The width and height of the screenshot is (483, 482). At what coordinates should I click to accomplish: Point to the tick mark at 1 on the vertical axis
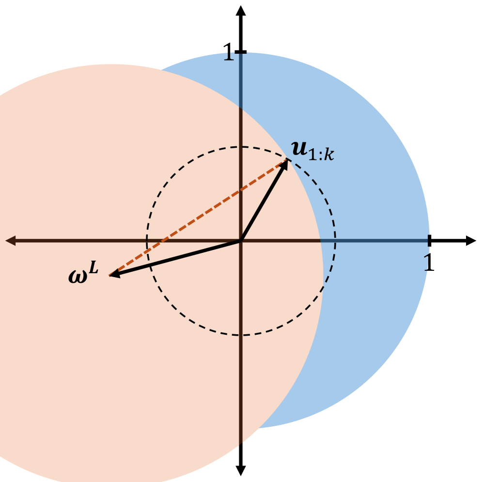point(241,52)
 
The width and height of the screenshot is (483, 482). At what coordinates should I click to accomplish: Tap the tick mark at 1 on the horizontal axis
point(429,240)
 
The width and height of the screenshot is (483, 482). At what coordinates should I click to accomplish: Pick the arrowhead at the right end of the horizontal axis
point(470,240)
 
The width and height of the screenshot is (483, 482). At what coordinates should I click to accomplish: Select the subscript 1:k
point(323,155)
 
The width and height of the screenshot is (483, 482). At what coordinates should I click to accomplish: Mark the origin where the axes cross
point(241,240)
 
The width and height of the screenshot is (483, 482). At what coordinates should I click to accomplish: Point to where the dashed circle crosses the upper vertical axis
point(241,147)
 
